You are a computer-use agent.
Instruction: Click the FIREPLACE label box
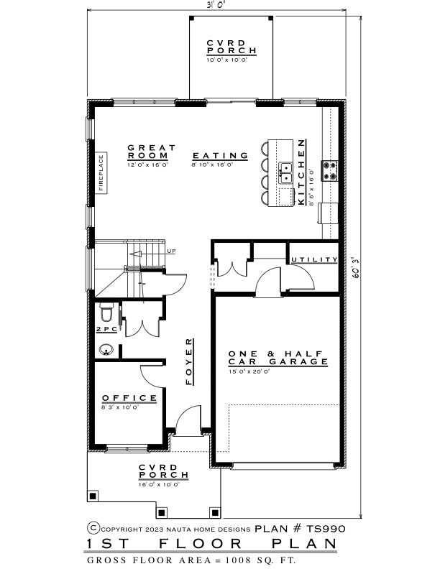pos(101,172)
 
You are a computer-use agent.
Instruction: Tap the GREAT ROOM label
pos(151,152)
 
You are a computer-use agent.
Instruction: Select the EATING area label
pos(220,156)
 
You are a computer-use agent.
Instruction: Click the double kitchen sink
pos(285,173)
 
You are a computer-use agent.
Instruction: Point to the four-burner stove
pos(330,171)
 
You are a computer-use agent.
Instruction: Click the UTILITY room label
pos(314,259)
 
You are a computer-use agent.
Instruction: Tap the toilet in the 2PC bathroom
pos(106,313)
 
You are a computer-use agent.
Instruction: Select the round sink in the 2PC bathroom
pos(106,350)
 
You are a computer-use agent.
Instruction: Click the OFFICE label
pos(129,398)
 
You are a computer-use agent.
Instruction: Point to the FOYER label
pos(189,361)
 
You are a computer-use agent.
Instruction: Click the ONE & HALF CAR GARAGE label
pos(278,358)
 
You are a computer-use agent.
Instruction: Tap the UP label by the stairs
pos(171,251)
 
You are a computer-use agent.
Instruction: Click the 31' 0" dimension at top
pos(216,4)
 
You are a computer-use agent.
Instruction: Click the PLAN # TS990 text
pos(300,529)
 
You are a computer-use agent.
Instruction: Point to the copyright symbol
pos(93,528)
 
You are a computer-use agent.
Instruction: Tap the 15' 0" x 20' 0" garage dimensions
pos(249,371)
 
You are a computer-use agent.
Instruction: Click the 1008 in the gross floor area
pos(238,560)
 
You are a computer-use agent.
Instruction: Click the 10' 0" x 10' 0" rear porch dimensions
pos(227,60)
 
